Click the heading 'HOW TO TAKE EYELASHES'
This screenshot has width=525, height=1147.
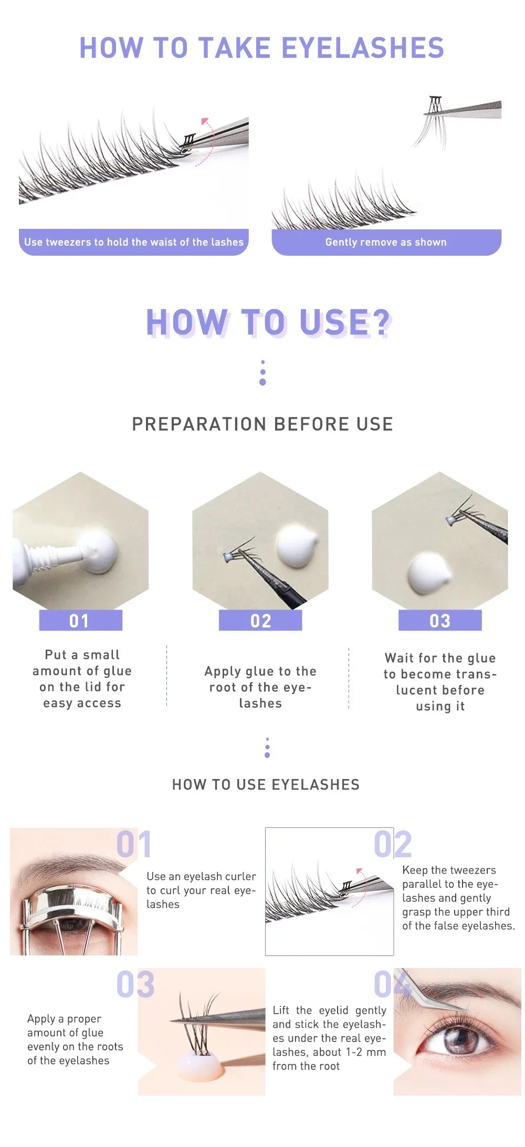click(261, 48)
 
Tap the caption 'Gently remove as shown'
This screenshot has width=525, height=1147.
click(386, 242)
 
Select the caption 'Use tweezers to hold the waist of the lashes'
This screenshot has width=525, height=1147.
click(134, 242)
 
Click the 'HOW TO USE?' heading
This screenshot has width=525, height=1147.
click(268, 322)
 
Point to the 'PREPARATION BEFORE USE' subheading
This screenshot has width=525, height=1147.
click(262, 424)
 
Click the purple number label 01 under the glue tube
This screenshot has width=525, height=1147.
click(80, 620)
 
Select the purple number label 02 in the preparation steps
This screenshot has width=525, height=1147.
click(260, 620)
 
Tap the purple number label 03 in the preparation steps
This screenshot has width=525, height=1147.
click(440, 620)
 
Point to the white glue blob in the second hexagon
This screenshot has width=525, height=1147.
click(296, 547)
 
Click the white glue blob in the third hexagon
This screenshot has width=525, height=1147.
click(429, 573)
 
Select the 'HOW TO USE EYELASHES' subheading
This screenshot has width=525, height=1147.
click(266, 785)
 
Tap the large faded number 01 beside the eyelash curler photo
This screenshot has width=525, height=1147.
click(134, 844)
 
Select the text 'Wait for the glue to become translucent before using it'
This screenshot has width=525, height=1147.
click(440, 682)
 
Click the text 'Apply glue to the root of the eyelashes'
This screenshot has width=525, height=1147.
click(260, 687)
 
